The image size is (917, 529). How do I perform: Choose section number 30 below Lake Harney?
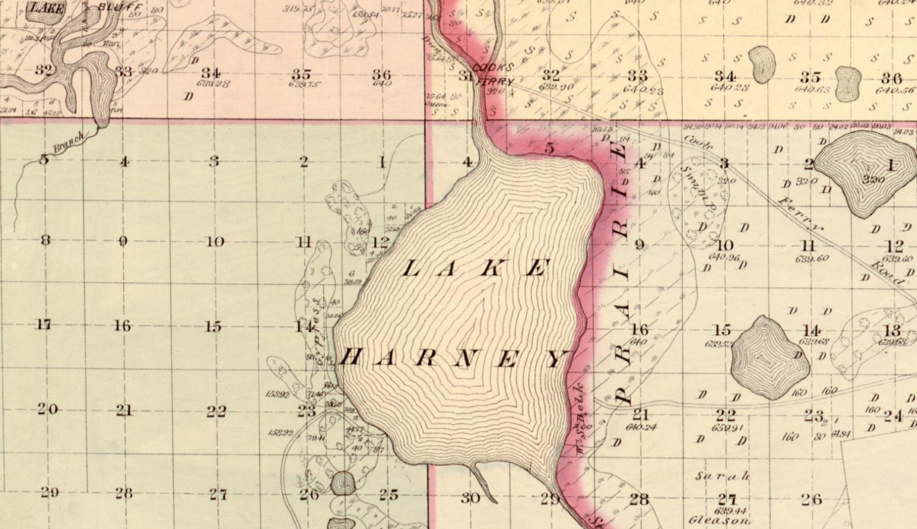470,497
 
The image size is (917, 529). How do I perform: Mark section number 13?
892,331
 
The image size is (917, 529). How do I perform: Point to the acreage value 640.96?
724,258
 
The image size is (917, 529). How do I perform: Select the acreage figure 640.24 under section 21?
641,427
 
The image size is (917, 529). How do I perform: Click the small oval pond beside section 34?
761,64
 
